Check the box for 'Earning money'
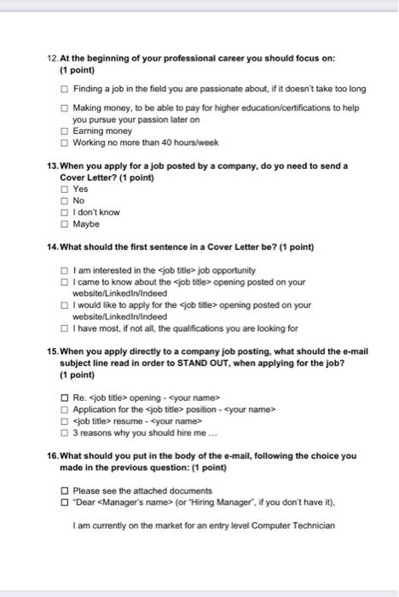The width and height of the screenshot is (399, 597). click(66, 131)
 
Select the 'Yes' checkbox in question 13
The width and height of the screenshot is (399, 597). click(66, 188)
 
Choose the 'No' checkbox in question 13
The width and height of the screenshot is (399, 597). click(66, 200)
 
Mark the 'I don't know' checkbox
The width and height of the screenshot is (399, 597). click(66, 212)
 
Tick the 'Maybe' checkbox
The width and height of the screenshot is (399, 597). click(66, 223)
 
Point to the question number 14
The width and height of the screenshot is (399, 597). click(53, 247)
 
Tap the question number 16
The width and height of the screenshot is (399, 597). click(53, 455)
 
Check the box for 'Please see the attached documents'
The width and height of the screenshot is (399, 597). click(66, 490)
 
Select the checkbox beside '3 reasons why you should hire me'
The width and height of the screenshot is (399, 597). click(66, 432)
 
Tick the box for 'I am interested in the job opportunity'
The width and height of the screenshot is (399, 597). click(66, 270)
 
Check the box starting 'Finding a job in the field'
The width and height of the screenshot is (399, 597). click(66, 89)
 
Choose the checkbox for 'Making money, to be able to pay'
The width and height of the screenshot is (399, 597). click(66, 108)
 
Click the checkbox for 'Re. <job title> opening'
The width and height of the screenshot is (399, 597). click(66, 397)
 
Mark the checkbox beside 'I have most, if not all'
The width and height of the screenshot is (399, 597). click(66, 327)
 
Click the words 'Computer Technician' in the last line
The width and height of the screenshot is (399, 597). click(301, 525)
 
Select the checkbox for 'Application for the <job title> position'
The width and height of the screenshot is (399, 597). click(66, 409)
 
